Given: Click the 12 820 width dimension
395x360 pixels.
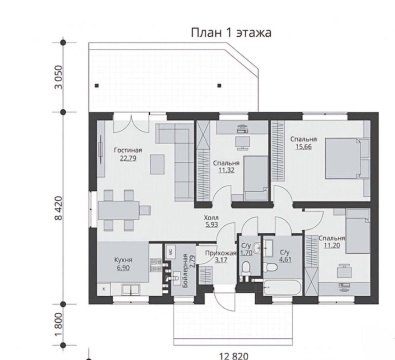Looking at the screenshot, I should click(235, 353).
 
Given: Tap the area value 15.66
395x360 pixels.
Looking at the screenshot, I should click(303, 147).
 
